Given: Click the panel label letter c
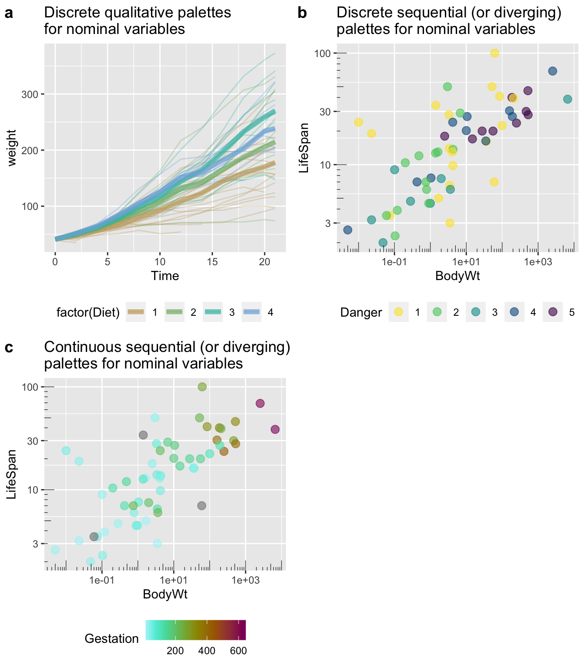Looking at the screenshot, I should click(8, 348).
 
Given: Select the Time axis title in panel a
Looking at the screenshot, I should click(165, 276).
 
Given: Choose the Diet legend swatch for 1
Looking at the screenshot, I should click(135, 312).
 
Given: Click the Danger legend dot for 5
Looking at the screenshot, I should click(553, 312).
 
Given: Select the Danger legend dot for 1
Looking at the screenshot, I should click(398, 312).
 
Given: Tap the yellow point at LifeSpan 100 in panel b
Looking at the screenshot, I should click(494, 53).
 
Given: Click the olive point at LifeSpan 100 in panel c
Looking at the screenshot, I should click(202, 387).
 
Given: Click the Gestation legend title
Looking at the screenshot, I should click(111, 639).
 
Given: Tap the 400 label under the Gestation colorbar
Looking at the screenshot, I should click(207, 651).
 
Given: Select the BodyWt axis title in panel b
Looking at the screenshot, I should click(457, 276).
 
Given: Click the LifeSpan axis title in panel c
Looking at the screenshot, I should click(12, 474).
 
